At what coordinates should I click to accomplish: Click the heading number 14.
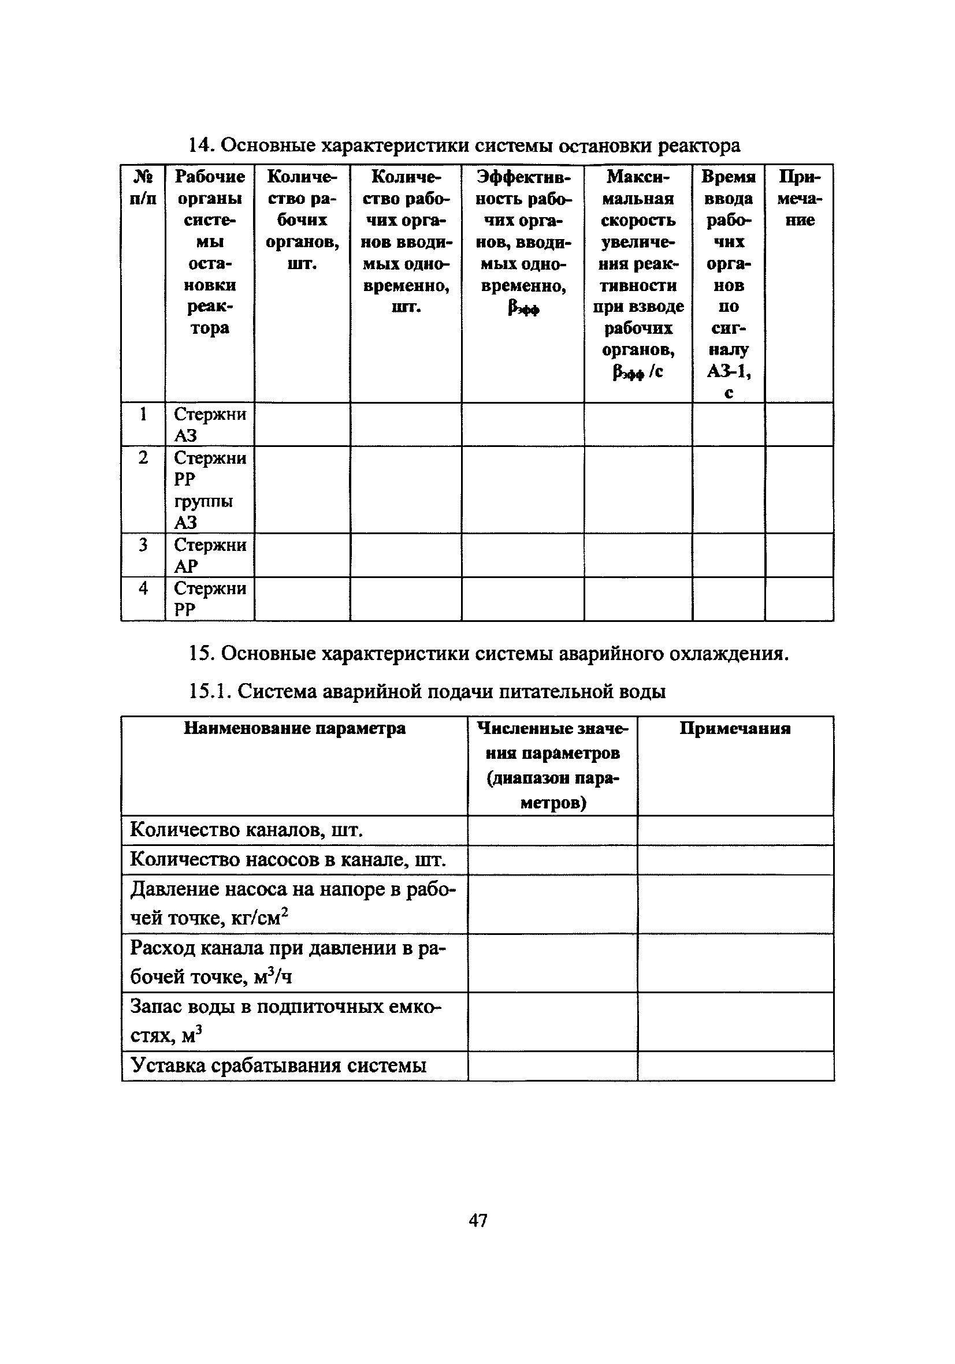click(x=200, y=146)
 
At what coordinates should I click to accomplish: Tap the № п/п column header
click(x=143, y=187)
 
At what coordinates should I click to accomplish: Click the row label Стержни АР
click(x=209, y=555)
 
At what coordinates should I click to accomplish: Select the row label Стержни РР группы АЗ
click(x=209, y=490)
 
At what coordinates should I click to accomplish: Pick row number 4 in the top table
click(x=143, y=588)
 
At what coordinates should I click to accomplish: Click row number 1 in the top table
click(x=143, y=414)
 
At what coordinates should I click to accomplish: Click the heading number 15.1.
click(x=210, y=691)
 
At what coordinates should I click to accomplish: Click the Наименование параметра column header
click(x=294, y=728)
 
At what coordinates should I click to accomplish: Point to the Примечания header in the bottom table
click(x=735, y=729)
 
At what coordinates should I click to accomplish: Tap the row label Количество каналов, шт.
click(x=246, y=830)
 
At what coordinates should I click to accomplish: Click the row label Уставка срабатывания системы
click(x=278, y=1065)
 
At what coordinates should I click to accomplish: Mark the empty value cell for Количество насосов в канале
click(x=552, y=860)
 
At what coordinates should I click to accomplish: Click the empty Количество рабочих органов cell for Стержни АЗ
click(x=302, y=424)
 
